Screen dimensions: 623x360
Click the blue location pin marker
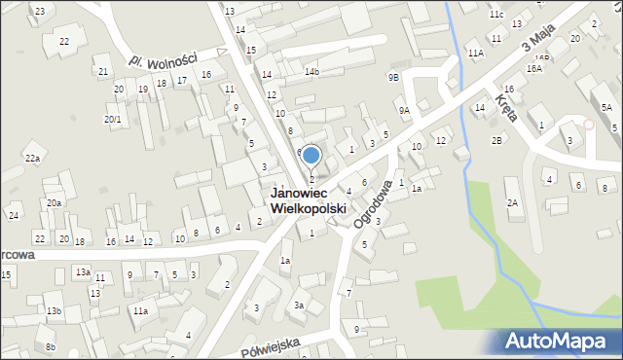tap(311, 156)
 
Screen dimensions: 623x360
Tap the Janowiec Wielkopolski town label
tap(308, 201)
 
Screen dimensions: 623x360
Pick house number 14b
tap(311, 71)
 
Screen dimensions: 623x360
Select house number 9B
tap(393, 77)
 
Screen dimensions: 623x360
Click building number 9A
tap(404, 111)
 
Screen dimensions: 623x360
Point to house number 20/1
tap(113, 120)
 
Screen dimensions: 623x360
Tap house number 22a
tap(33, 159)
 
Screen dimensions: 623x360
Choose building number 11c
tap(496, 15)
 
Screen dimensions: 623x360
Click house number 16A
tap(533, 69)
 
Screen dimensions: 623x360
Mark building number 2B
tap(496, 141)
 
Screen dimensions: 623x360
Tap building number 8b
tap(51, 347)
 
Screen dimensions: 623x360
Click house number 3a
tap(300, 306)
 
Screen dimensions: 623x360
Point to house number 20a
tap(54, 202)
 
